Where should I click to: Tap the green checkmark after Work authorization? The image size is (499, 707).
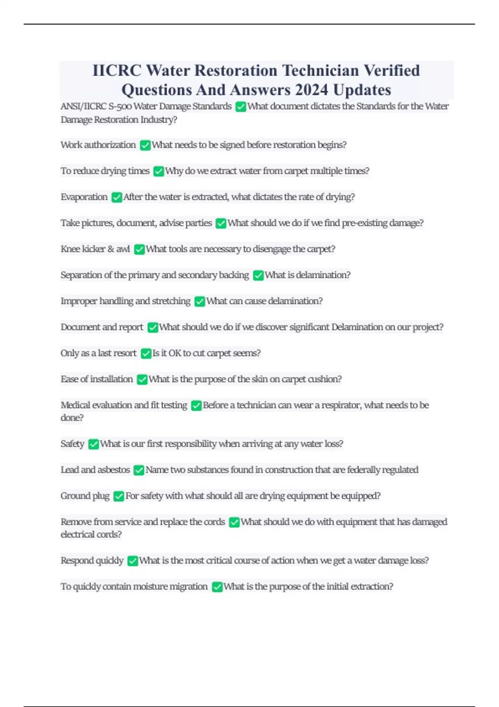click(x=145, y=145)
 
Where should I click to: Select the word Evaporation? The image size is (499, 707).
click(x=84, y=197)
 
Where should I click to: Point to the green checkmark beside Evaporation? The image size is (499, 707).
click(x=117, y=197)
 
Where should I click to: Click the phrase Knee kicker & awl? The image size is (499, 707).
click(x=95, y=249)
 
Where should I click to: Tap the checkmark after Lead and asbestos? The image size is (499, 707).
click(x=139, y=470)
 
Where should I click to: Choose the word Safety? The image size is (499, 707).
click(x=72, y=444)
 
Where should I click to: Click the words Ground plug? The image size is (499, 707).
click(x=85, y=496)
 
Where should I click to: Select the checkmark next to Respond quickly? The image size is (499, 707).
click(x=133, y=561)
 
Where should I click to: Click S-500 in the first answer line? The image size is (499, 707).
click(x=119, y=106)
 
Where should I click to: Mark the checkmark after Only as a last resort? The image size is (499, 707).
click(x=146, y=353)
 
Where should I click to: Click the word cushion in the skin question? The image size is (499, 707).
click(x=324, y=379)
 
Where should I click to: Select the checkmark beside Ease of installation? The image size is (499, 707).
click(x=142, y=379)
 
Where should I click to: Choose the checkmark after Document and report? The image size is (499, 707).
click(x=153, y=327)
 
